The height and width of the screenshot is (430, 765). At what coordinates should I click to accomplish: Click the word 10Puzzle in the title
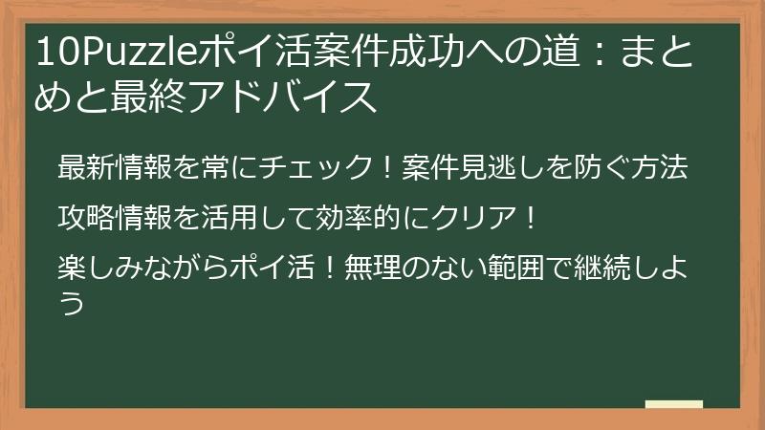click(116, 53)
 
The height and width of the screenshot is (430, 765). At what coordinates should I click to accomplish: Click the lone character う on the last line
click(71, 303)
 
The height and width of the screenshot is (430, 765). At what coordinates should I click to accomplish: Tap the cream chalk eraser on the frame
click(673, 405)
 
